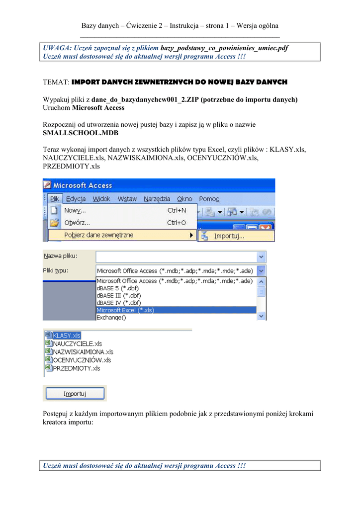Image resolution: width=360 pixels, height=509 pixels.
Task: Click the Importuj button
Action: pos(75,394)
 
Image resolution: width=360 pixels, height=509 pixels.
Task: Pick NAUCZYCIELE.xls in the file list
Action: pos(77,343)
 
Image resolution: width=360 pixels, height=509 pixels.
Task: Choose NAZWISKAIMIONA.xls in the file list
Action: pos(83,352)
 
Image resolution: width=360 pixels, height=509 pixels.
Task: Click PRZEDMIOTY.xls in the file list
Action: pos(76,368)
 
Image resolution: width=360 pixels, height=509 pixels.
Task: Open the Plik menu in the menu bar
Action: pos(54,199)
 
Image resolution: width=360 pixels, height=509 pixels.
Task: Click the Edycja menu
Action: pos(76,199)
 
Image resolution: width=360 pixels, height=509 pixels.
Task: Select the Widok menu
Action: pos(101,199)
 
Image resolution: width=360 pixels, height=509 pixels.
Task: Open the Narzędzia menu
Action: pos(157,199)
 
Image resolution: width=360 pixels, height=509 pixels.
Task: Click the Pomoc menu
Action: pos(209,199)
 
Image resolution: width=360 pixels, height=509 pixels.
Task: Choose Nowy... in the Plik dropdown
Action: pos(75,210)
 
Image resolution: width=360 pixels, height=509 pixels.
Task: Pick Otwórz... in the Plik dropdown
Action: pos(77,222)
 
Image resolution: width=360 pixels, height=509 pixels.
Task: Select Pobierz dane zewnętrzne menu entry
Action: pos(98,235)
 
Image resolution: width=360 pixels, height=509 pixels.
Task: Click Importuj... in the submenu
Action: pos(229,236)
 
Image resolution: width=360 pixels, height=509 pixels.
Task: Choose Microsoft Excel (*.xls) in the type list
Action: pos(125,310)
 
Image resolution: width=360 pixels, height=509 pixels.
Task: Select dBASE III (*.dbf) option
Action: pos(118,295)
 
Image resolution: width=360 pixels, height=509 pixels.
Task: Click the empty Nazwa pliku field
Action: pos(176,256)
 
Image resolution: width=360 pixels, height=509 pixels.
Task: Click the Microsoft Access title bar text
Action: pos(83,185)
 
